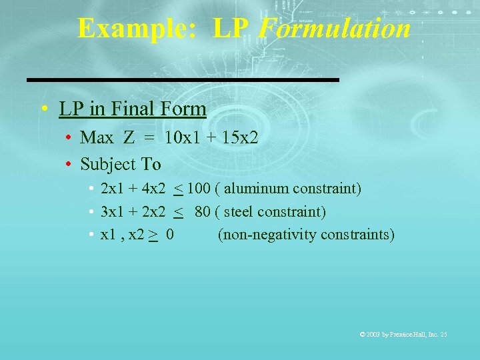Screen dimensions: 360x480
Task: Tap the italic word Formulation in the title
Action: click(x=333, y=29)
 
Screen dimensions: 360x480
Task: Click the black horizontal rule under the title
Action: click(x=183, y=80)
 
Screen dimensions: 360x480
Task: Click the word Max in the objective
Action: click(x=97, y=139)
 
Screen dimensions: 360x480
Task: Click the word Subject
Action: click(x=108, y=163)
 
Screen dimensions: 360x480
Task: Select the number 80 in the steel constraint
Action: click(x=203, y=212)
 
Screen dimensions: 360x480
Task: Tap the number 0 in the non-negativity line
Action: click(x=171, y=235)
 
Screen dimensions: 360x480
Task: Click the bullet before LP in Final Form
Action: click(x=43, y=109)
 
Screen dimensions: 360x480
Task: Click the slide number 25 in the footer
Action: click(x=443, y=334)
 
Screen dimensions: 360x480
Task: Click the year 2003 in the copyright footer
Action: click(x=375, y=334)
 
